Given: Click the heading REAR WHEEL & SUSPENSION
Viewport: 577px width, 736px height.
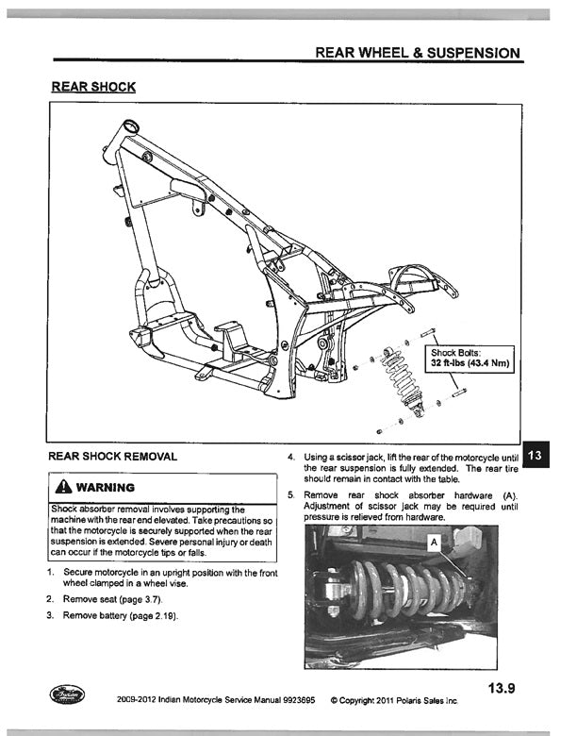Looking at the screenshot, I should click(x=417, y=52).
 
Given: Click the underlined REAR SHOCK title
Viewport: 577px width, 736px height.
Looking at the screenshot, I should click(x=93, y=87).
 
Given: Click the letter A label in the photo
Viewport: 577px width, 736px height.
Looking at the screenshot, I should click(x=434, y=543).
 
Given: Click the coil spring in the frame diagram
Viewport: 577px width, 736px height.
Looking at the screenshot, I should click(x=398, y=377).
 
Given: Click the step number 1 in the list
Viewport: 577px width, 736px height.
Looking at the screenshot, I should click(x=49, y=573).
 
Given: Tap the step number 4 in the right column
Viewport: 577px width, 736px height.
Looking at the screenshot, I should click(x=291, y=458).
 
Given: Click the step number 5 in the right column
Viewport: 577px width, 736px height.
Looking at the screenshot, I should click(x=291, y=495).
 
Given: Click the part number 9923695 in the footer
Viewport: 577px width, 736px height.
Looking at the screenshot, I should click(x=289, y=701).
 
